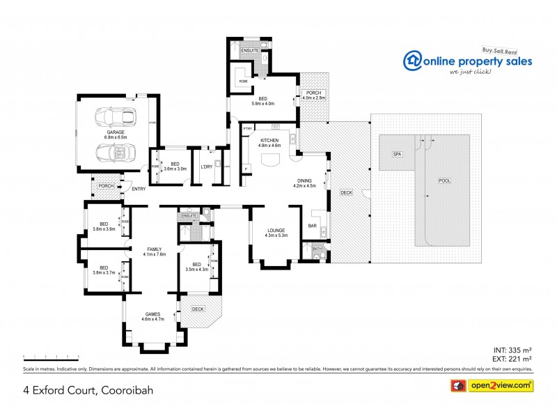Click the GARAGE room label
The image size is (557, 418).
[x=116, y=132]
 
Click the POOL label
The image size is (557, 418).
[x=444, y=181]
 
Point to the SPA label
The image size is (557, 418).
[x=398, y=154]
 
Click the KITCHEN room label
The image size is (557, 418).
[x=269, y=141]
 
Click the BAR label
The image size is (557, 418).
[x=311, y=226]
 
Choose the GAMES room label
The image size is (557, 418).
[x=152, y=314]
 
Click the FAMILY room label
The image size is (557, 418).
[x=154, y=249]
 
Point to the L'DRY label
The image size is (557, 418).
[x=206, y=167]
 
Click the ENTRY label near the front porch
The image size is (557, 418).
[x=139, y=189]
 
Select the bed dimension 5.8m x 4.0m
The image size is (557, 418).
[x=263, y=103]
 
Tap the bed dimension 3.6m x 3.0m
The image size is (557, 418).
[x=175, y=168]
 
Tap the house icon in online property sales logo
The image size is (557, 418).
[x=414, y=61]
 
